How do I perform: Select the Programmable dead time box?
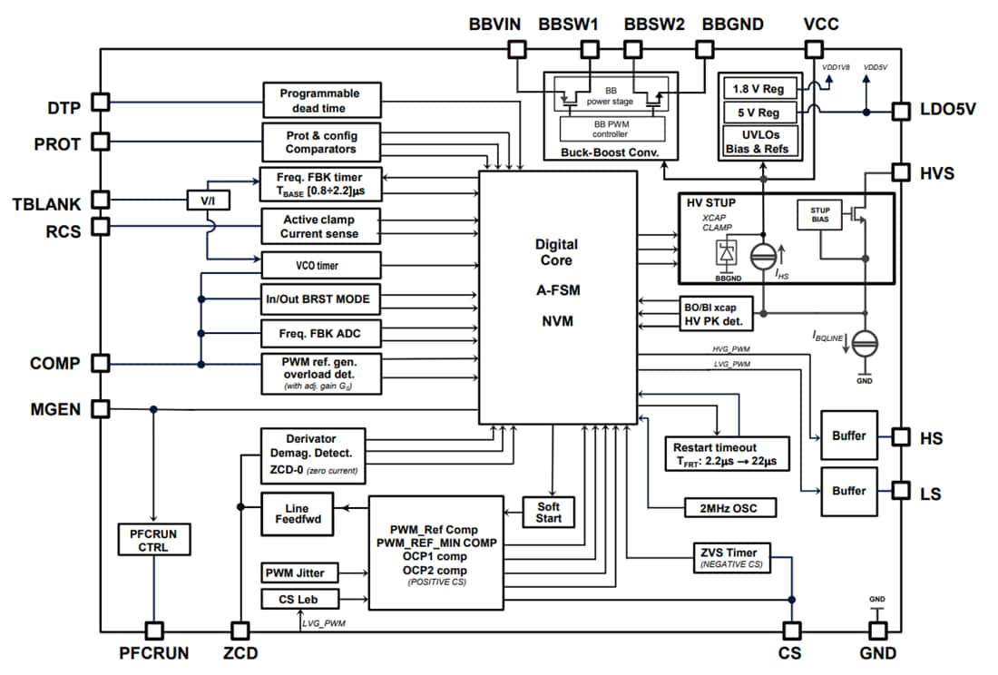pos(319,101)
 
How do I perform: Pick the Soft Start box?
pos(549,512)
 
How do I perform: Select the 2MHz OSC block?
pos(730,508)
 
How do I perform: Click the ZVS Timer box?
pos(740,556)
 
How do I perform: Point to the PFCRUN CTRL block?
pos(152,541)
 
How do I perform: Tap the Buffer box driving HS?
pos(848,436)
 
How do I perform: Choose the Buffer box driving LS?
pos(848,491)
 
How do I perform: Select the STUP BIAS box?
pos(819,215)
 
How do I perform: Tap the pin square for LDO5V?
pos(900,112)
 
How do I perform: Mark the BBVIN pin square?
pos(514,51)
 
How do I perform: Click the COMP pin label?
pos(54,364)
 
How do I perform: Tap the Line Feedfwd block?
pos(297,514)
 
